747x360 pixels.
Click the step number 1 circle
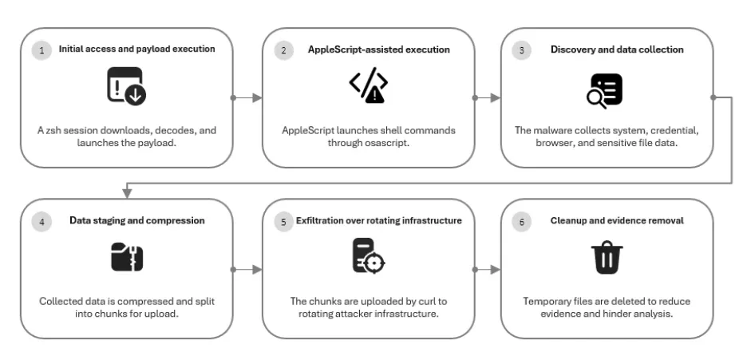pyautogui.click(x=42, y=50)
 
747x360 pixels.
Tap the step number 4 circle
pyautogui.click(x=42, y=222)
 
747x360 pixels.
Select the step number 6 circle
pyautogui.click(x=522, y=222)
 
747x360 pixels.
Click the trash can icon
pyautogui.click(x=607, y=258)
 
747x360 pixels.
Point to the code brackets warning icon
pyautogui.click(x=368, y=85)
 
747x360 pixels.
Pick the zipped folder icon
pyautogui.click(x=127, y=257)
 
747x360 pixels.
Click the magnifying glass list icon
pyautogui.click(x=604, y=90)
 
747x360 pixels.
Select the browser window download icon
pyautogui.click(x=127, y=86)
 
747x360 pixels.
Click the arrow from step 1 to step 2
pyautogui.click(x=247, y=97)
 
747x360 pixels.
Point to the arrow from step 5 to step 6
pyautogui.click(x=486, y=270)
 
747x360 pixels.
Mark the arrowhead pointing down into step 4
pyautogui.click(x=127, y=193)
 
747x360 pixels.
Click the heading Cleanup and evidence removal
pyautogui.click(x=617, y=220)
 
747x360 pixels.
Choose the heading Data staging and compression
pyautogui.click(x=137, y=220)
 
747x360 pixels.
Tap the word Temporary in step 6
pyautogui.click(x=547, y=302)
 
